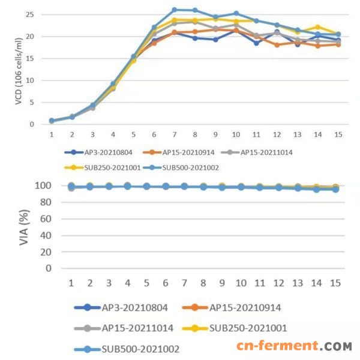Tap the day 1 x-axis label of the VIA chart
(71, 282)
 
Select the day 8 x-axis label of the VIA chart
(203, 282)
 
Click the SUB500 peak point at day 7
(174, 10)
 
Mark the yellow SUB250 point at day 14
(318, 27)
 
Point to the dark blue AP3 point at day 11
(256, 43)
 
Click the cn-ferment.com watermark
(293, 346)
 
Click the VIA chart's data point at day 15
(336, 189)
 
